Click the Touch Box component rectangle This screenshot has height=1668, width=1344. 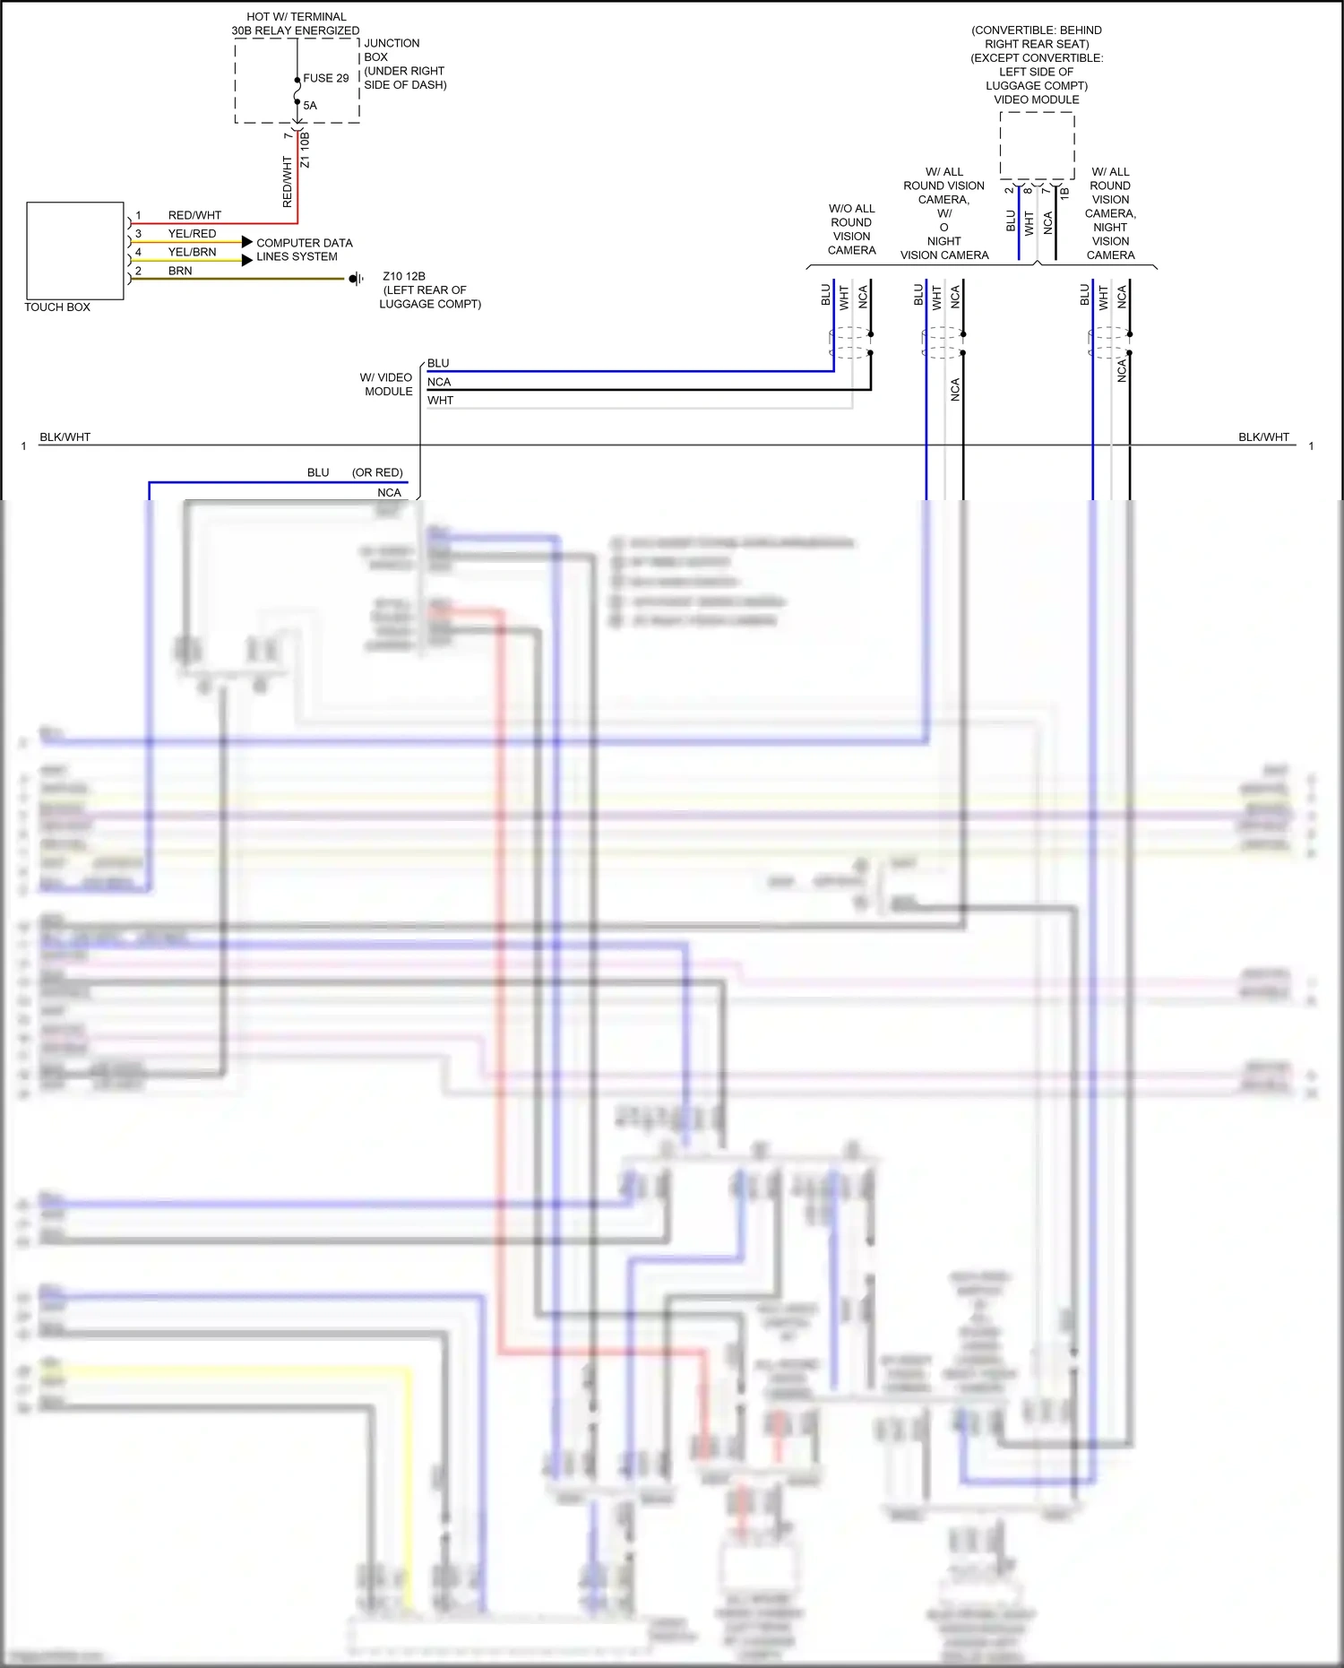(x=75, y=251)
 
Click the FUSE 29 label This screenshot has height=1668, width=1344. (x=325, y=78)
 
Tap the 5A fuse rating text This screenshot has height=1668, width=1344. (x=310, y=106)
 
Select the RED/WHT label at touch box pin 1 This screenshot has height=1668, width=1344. (x=194, y=215)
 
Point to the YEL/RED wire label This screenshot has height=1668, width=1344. (x=192, y=234)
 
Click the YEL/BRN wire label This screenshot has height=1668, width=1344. (x=192, y=252)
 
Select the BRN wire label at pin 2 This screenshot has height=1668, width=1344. (x=180, y=271)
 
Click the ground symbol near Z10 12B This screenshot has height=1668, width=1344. (x=356, y=279)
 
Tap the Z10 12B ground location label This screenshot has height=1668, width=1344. (x=404, y=276)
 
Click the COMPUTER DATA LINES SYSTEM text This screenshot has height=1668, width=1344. (x=304, y=250)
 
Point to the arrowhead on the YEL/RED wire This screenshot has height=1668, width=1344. (x=247, y=242)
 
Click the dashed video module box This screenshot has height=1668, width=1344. (x=1037, y=145)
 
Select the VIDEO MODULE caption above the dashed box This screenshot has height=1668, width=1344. (x=1037, y=99)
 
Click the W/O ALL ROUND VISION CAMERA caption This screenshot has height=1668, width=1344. (x=851, y=229)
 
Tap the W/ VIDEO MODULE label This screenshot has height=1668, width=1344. (x=387, y=385)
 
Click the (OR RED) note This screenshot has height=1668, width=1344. (x=377, y=472)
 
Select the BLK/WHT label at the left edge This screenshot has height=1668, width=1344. (x=65, y=437)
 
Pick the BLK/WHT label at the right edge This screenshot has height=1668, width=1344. (x=1263, y=437)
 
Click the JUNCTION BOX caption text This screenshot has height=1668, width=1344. (x=391, y=50)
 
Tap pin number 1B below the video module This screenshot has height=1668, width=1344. (x=1064, y=192)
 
